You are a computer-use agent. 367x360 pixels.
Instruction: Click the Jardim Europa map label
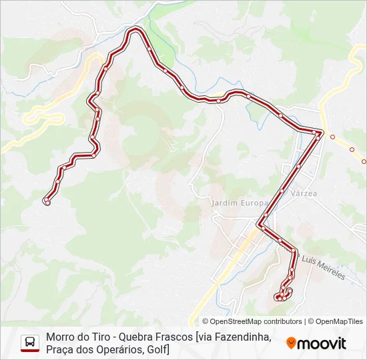(238, 202)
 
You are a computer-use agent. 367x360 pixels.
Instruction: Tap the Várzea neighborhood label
(304, 193)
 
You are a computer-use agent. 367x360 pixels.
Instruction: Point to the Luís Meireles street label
(324, 267)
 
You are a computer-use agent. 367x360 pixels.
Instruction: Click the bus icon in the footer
(30, 343)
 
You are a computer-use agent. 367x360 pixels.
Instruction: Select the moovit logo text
(322, 343)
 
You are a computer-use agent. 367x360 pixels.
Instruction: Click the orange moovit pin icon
(291, 343)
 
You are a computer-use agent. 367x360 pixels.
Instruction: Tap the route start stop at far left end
(47, 201)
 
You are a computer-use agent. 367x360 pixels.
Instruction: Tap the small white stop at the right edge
(364, 161)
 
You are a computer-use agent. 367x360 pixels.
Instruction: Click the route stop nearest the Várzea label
(282, 191)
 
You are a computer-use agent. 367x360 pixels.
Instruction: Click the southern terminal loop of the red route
(282, 294)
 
